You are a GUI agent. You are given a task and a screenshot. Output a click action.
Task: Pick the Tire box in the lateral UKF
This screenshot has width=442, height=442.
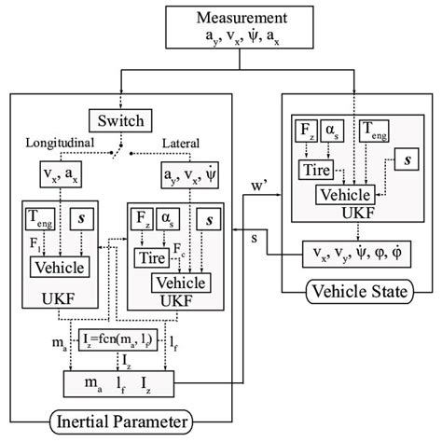point(150,255)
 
